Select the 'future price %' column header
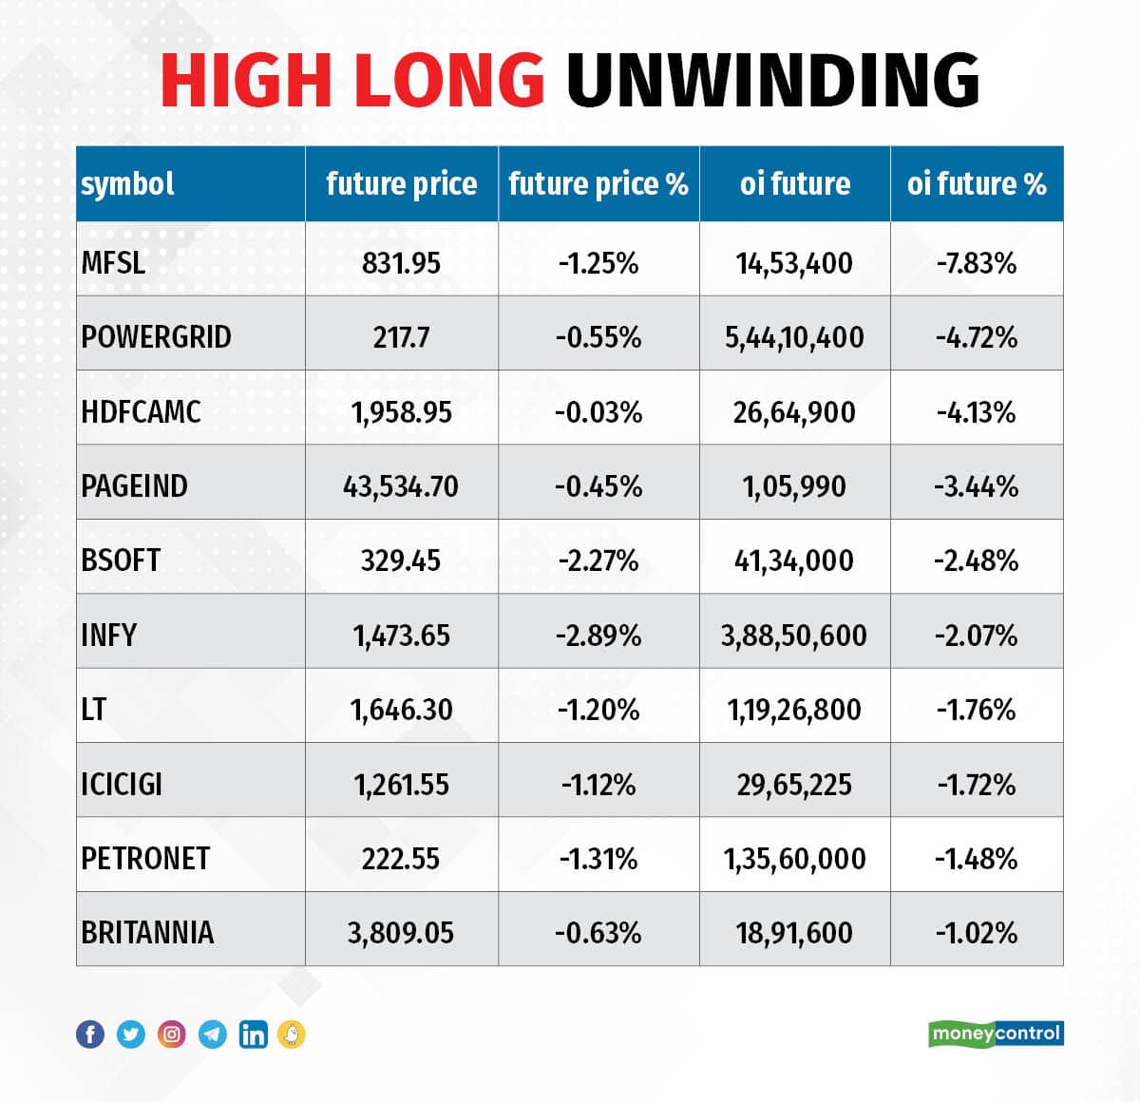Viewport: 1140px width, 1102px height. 598,183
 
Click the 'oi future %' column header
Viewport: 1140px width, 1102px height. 977,183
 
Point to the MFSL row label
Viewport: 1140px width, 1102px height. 113,262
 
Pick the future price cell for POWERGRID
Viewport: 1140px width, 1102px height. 401,337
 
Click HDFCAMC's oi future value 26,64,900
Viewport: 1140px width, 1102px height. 794,412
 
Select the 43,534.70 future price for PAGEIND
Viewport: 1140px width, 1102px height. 401,486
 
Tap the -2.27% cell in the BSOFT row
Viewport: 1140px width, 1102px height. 598,560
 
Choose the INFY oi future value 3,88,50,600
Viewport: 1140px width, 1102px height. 794,636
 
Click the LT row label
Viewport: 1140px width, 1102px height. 94,710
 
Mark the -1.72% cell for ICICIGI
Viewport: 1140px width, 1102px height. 977,785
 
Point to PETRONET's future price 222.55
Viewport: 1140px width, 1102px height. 401,859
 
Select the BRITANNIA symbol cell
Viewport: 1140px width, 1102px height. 147,933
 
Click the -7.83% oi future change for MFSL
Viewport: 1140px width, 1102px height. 977,262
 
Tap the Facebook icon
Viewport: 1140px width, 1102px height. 90,1034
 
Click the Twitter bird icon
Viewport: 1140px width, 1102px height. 131,1034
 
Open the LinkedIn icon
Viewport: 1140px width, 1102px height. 253,1034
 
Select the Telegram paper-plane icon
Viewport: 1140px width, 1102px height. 213,1034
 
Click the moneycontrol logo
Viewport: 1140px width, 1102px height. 996,1034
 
